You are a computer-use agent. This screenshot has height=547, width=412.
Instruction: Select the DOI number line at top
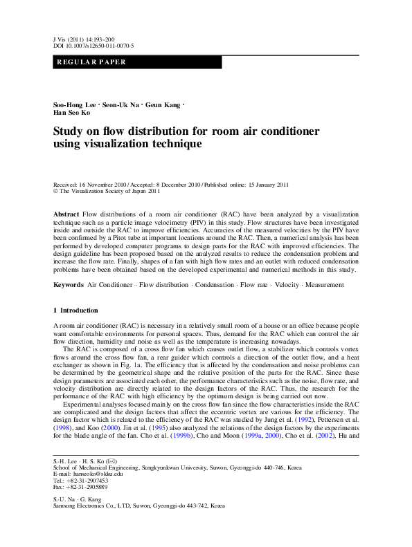[x=93, y=46]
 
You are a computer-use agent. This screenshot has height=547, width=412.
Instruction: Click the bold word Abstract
[x=66, y=215]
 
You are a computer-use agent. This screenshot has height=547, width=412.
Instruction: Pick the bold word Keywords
[x=69, y=284]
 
